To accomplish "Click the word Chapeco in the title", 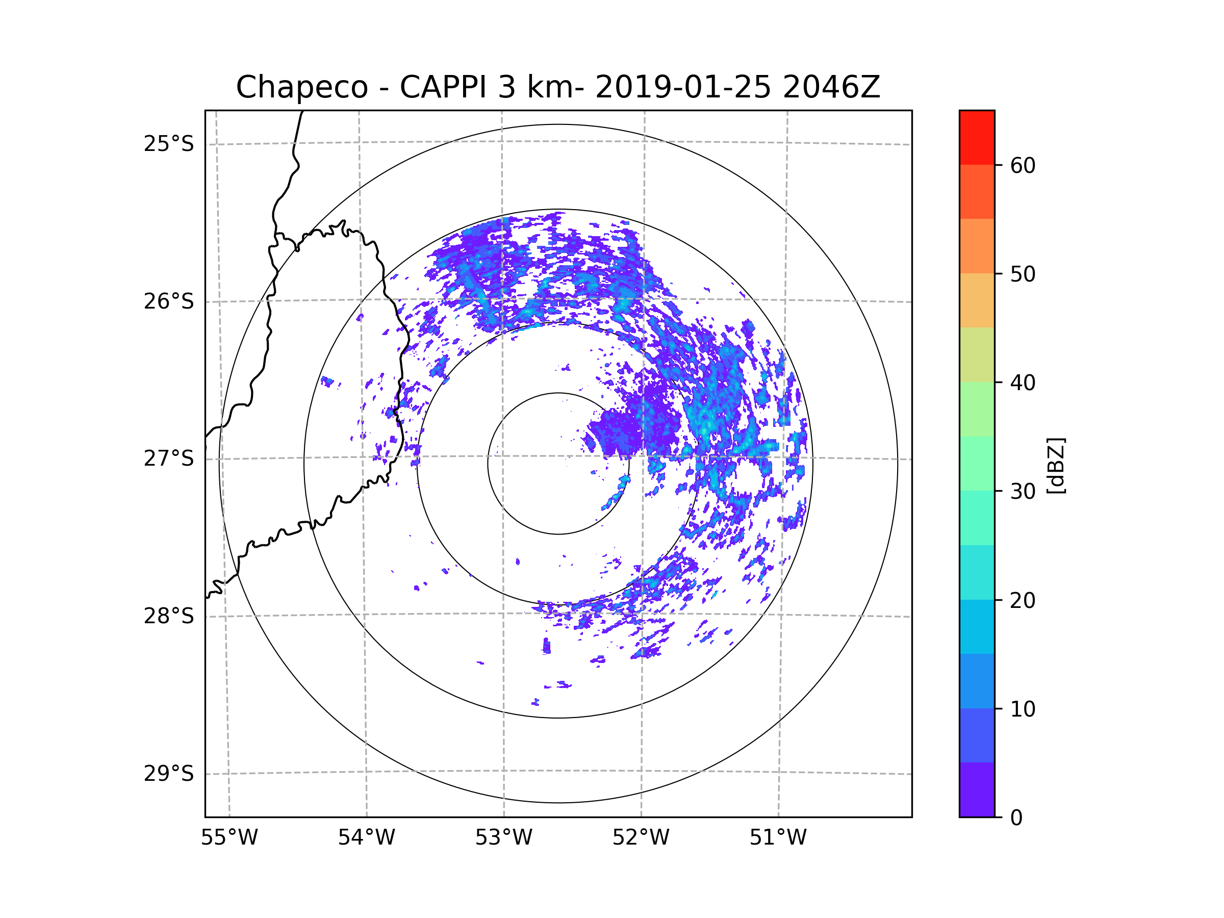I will (x=301, y=87).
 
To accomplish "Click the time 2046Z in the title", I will (x=831, y=87).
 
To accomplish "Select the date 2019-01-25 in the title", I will (x=683, y=87).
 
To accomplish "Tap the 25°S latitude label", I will (x=169, y=144).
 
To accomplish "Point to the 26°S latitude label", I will (x=169, y=301).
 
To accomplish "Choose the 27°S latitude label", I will (x=169, y=458).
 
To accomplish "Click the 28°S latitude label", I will (x=169, y=616).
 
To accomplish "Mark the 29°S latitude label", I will (x=169, y=774).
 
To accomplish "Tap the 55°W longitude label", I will (x=229, y=838).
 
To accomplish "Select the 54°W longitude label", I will (x=366, y=838).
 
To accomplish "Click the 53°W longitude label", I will (x=503, y=838).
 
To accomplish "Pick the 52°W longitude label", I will (x=641, y=838).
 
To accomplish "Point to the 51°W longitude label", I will (x=778, y=838).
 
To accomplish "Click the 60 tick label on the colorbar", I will (x=1023, y=165).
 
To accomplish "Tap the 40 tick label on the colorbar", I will (x=1023, y=382).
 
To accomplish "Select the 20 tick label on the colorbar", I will (x=1023, y=600).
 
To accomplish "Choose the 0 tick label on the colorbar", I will (x=1016, y=818).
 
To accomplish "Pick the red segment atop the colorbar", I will (x=977, y=137).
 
